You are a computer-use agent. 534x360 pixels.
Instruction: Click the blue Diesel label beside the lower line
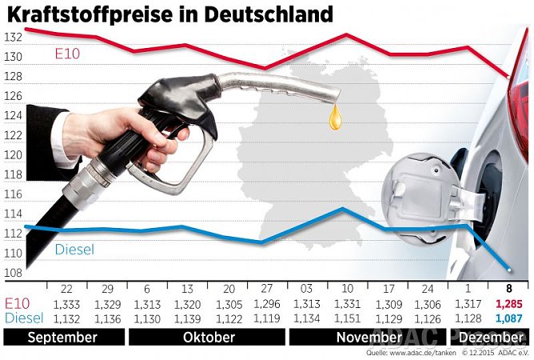pos(74,250)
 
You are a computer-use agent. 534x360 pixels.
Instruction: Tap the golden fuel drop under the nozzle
pos(336,118)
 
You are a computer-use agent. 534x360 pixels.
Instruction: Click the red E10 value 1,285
pos(508,304)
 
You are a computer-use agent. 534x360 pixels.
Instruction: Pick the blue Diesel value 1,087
pos(508,318)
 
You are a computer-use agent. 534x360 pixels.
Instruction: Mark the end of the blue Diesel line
pos(508,270)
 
